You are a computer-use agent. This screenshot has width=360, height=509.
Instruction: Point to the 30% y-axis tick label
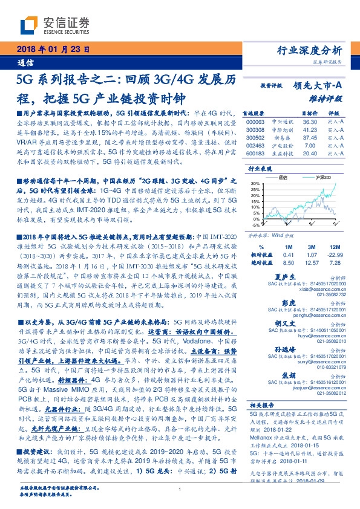(255, 183)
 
